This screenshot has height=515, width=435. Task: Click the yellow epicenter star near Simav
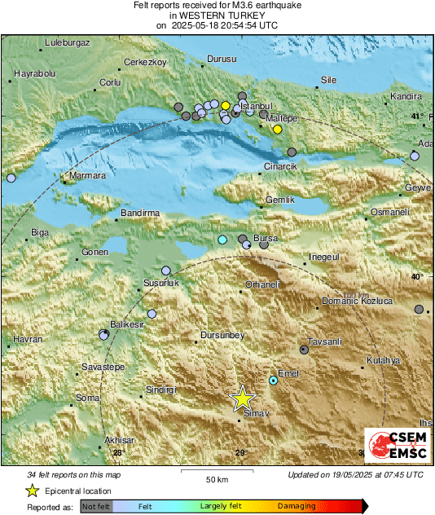point(242,398)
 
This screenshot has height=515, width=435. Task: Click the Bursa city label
point(266,238)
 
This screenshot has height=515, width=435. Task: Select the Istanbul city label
point(257,106)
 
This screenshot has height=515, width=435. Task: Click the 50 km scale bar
point(216,473)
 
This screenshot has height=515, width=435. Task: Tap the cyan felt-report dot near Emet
point(274,381)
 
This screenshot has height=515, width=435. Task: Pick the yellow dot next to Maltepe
point(278,130)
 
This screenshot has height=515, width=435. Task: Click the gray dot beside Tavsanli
point(304,350)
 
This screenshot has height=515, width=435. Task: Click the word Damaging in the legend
point(297,506)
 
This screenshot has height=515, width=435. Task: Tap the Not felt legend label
point(97,506)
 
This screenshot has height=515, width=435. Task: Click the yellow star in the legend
point(32,491)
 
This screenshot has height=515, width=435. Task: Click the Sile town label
point(329,80)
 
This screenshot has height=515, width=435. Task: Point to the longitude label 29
point(240,453)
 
